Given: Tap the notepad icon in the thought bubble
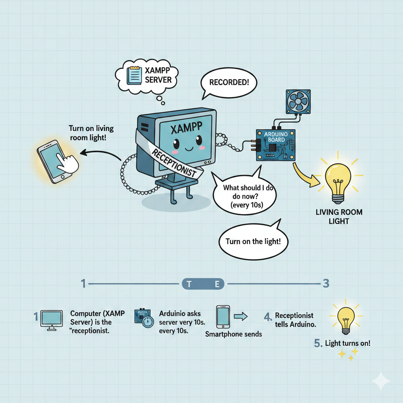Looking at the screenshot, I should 134,75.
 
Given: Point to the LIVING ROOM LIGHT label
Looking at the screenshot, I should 339,216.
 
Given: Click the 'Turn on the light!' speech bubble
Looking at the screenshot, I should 251,241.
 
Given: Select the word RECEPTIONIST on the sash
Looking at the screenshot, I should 174,163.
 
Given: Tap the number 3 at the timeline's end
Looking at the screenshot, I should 326,283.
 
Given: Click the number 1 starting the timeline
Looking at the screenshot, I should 83,283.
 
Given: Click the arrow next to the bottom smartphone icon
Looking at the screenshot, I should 240,316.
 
